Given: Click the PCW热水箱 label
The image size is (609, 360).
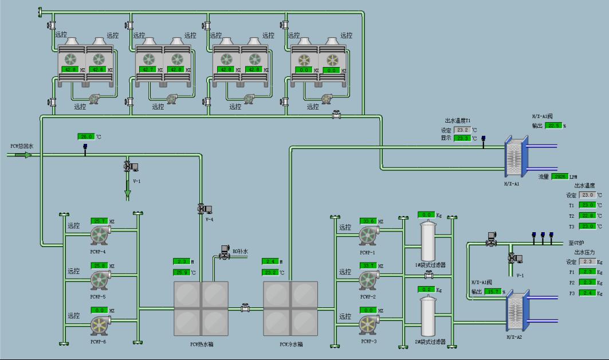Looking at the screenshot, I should [x=202, y=344].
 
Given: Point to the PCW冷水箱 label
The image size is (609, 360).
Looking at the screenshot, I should [x=291, y=344].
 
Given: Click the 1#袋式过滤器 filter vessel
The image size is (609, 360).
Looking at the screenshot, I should [x=426, y=241].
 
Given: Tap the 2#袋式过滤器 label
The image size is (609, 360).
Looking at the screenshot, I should [x=430, y=342].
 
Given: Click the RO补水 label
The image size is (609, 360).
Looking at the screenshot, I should [x=240, y=251].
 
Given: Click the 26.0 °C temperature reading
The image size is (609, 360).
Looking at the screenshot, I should [x=86, y=136].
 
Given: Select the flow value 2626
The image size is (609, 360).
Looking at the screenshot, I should [x=560, y=177].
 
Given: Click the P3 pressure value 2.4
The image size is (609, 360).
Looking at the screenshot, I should [x=587, y=293].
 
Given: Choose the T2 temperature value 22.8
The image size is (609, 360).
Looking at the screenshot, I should [x=587, y=216].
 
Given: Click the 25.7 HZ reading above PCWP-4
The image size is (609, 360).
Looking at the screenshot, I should [x=100, y=221].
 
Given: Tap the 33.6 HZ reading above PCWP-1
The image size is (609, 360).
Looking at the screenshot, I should [x=368, y=221].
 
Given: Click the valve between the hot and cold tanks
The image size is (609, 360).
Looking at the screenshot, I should [x=246, y=308].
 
